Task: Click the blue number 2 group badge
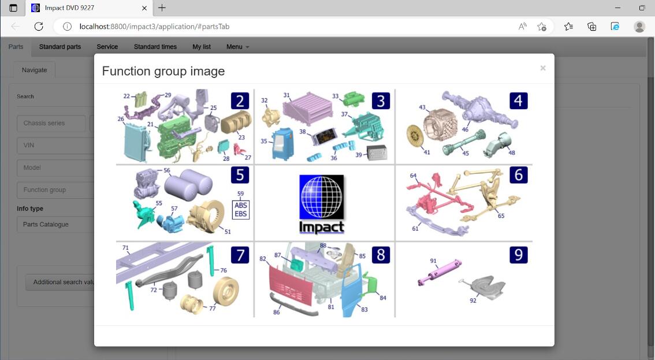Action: [240, 101]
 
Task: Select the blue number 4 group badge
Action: [519, 101]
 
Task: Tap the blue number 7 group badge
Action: [240, 255]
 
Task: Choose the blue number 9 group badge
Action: [519, 255]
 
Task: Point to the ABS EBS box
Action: [241, 210]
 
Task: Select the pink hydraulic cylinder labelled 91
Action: [440, 272]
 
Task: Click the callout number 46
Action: [465, 129]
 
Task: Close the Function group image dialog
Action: [542, 68]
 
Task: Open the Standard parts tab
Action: [60, 47]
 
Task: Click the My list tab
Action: [202, 47]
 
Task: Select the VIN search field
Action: [55, 146]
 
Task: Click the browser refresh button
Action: [39, 27]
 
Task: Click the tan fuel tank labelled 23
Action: [236, 123]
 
